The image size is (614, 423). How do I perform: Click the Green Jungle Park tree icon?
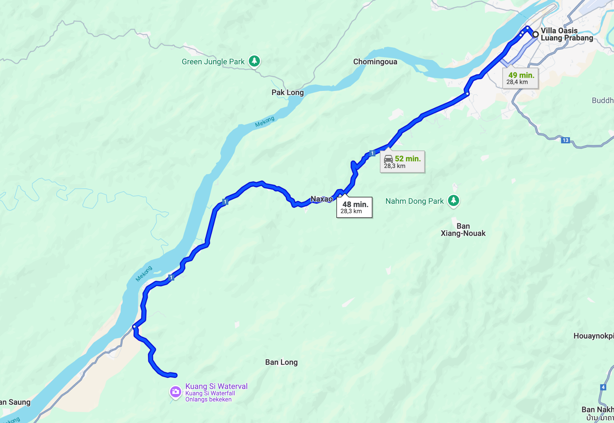coord(254,61)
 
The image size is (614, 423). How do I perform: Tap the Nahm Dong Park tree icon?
coord(453,201)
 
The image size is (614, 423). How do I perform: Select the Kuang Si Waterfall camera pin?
coord(175,392)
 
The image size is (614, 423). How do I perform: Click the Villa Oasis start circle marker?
coord(535,34)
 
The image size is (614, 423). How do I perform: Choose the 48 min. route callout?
coord(354,207)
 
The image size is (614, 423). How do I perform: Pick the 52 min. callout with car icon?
coord(402,162)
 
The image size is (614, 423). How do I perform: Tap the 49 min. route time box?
coord(520,78)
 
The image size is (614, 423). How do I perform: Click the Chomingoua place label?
coord(375,62)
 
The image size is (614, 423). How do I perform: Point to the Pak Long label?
coord(287,92)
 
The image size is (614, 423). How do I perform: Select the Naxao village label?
coord(321,199)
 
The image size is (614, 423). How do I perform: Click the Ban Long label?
coord(281,362)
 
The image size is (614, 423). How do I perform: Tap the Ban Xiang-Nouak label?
coord(463,230)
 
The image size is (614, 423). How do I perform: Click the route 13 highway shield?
coord(565,140)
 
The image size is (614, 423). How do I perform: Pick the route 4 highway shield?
coord(603,387)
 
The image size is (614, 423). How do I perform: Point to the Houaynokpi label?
coord(593,336)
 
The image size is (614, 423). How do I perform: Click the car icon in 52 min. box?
coord(388,159)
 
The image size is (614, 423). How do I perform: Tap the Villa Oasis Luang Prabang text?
coord(566,34)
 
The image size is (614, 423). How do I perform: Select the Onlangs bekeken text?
coord(208,399)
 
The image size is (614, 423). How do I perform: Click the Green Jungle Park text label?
coord(213,62)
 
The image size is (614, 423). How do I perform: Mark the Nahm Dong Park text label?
coord(414,201)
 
